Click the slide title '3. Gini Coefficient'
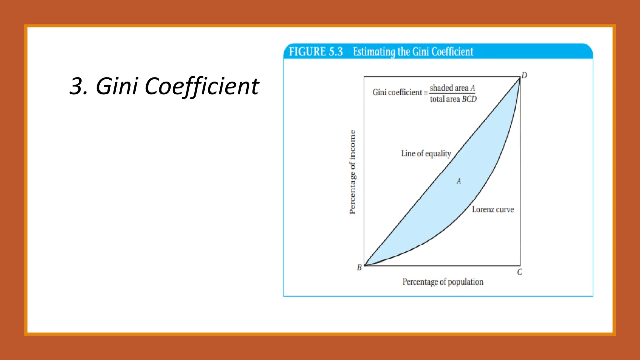point(164,86)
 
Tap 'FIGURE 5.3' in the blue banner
point(316,52)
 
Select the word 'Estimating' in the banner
point(374,52)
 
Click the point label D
point(524,75)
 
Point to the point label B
point(359,267)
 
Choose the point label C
point(519,272)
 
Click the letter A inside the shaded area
point(458,182)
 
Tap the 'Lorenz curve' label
point(493,209)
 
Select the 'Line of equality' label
point(426,153)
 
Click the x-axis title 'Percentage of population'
point(443,282)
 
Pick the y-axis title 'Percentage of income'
point(352,172)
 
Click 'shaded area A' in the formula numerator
point(452,88)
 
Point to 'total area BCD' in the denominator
point(453,99)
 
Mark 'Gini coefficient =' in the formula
point(400,92)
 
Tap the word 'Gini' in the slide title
point(117,86)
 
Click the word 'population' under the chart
point(466,282)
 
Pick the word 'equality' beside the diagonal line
point(438,154)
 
